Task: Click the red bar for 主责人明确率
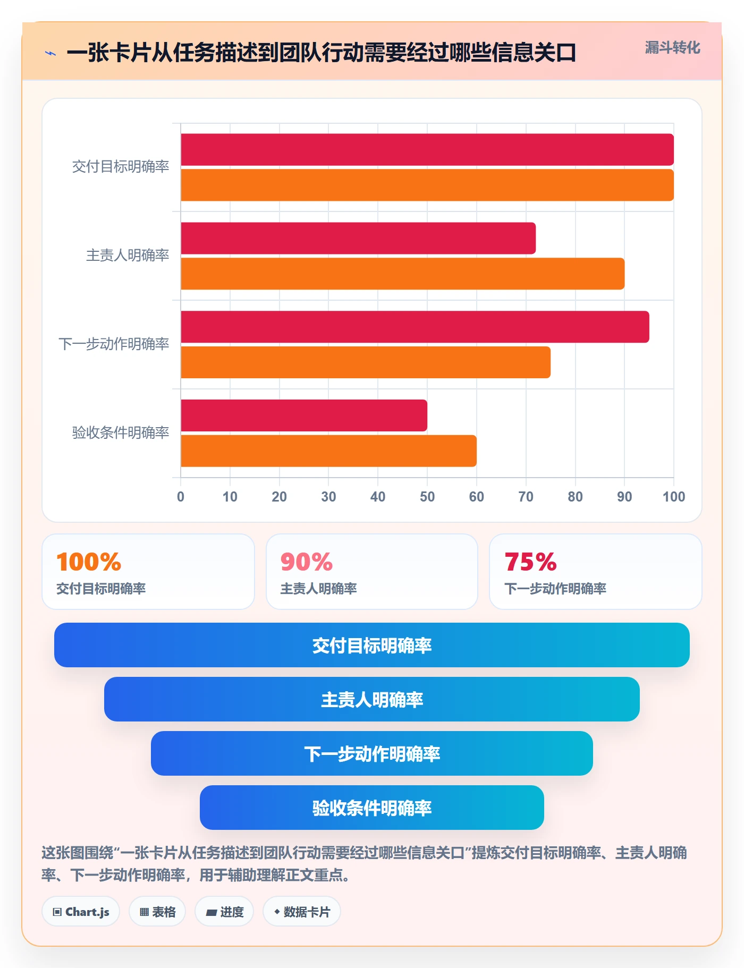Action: [358, 238]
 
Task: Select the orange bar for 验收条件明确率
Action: [328, 451]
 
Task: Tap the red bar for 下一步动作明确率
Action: [415, 327]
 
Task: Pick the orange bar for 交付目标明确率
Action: [427, 185]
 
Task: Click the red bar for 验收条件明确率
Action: [304, 415]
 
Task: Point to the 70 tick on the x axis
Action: [526, 497]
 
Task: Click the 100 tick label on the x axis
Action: [674, 497]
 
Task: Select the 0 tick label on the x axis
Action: [181, 497]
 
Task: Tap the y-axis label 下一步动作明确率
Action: [114, 344]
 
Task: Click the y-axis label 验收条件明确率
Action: [121, 432]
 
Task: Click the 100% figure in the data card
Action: [89, 562]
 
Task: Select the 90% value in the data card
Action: [307, 562]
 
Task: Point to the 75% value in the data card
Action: [530, 562]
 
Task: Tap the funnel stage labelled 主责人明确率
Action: [372, 699]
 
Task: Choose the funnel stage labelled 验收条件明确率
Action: [372, 808]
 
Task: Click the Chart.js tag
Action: [81, 912]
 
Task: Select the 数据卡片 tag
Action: [302, 912]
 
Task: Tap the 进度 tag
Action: [224, 912]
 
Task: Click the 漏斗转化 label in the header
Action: [672, 48]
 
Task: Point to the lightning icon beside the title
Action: [50, 53]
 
